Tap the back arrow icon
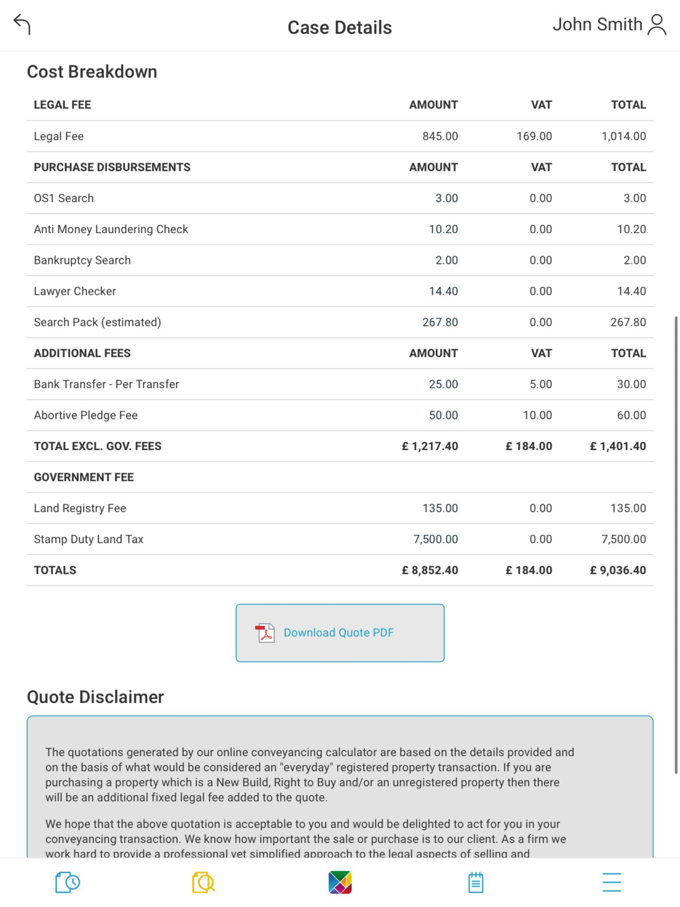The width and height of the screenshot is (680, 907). pos(22,24)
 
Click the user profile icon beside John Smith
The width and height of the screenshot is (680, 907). pos(657,24)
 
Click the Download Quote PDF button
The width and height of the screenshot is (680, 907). pos(340,632)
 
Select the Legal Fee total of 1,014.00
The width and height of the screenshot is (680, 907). pos(624,136)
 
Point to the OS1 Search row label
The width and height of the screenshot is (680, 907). pos(64,199)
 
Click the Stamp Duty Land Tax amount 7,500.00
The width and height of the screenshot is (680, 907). pos(435,539)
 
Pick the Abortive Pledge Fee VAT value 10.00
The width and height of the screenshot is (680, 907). pos(537,415)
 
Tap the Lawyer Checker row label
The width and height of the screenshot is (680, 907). pos(75,291)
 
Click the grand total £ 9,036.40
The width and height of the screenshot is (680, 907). pos(617,570)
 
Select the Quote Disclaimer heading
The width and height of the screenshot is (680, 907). pos(95,697)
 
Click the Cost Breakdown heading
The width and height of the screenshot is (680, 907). pos(92,72)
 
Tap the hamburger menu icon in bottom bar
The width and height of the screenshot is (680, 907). pos(611,882)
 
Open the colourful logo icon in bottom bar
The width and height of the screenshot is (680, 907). pos(340,882)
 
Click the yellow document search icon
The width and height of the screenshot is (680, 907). pos(203,882)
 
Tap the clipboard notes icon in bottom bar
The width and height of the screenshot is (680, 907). pos(475,882)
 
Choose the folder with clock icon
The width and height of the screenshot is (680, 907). pos(67,882)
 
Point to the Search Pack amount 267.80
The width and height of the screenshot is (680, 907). pos(440,322)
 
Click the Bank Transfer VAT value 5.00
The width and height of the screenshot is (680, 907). pos(541,384)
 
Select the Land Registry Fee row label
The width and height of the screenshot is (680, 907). pos(80,508)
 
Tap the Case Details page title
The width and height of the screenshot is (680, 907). pos(339,27)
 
